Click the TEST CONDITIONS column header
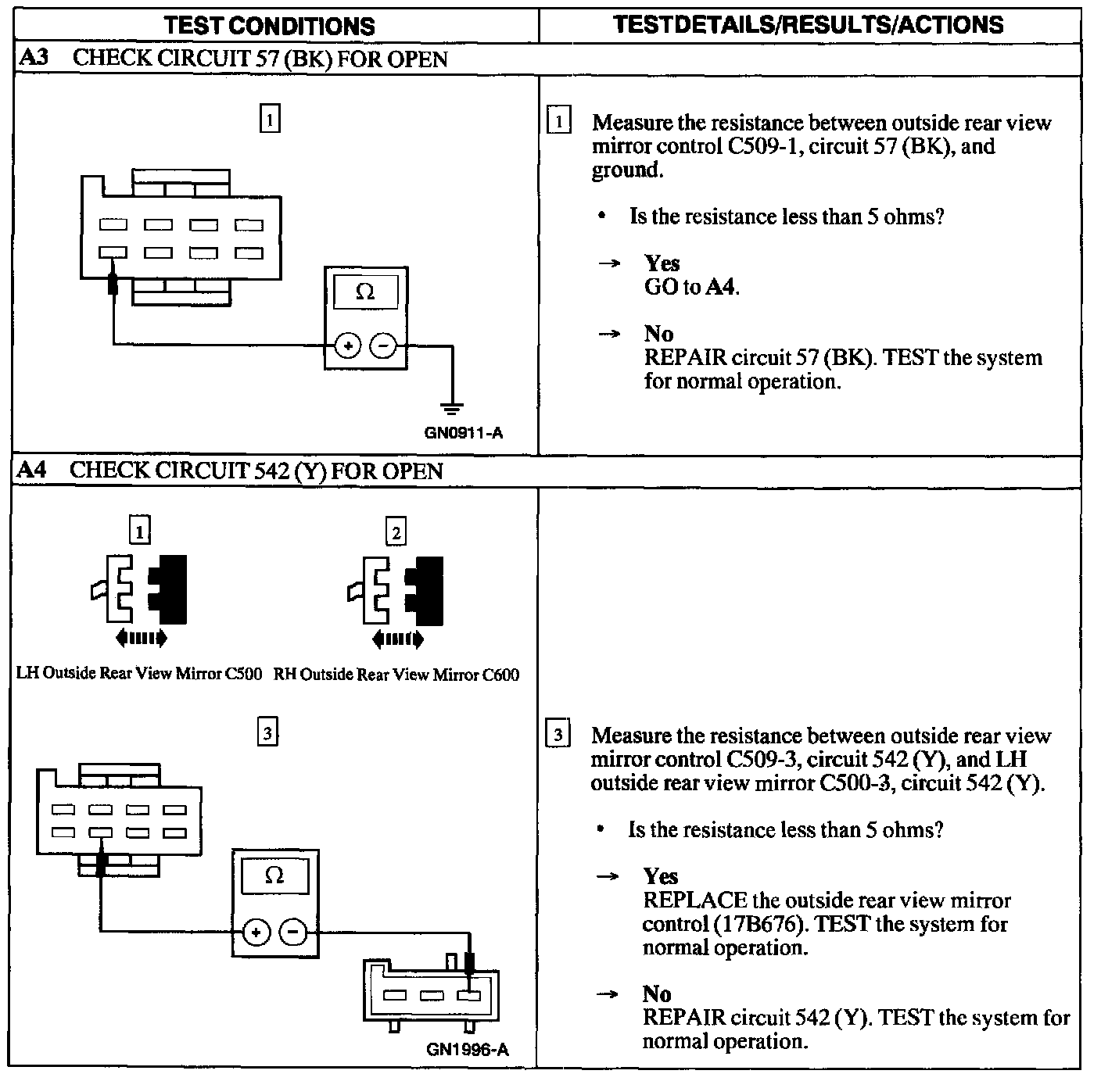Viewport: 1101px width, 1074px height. click(x=269, y=25)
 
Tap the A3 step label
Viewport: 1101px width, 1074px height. click(x=33, y=59)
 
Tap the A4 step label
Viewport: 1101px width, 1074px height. click(x=32, y=470)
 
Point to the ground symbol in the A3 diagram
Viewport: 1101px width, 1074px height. click(x=452, y=409)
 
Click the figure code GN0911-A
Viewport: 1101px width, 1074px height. click(x=463, y=432)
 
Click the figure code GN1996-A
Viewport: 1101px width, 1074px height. click(x=467, y=1049)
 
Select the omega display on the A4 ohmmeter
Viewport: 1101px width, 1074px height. click(x=274, y=875)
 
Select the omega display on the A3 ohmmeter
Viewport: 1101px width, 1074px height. click(x=365, y=292)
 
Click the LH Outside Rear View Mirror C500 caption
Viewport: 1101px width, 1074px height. click(x=139, y=674)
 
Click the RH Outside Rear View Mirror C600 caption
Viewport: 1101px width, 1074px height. click(x=396, y=675)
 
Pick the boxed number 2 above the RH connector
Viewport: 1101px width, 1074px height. click(x=396, y=533)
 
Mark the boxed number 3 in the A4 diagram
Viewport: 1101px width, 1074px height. click(x=267, y=733)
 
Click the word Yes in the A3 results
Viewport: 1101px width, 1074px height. click(x=662, y=263)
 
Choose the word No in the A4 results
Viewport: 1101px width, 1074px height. click(x=657, y=993)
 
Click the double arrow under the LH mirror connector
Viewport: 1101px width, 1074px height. click(x=141, y=639)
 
